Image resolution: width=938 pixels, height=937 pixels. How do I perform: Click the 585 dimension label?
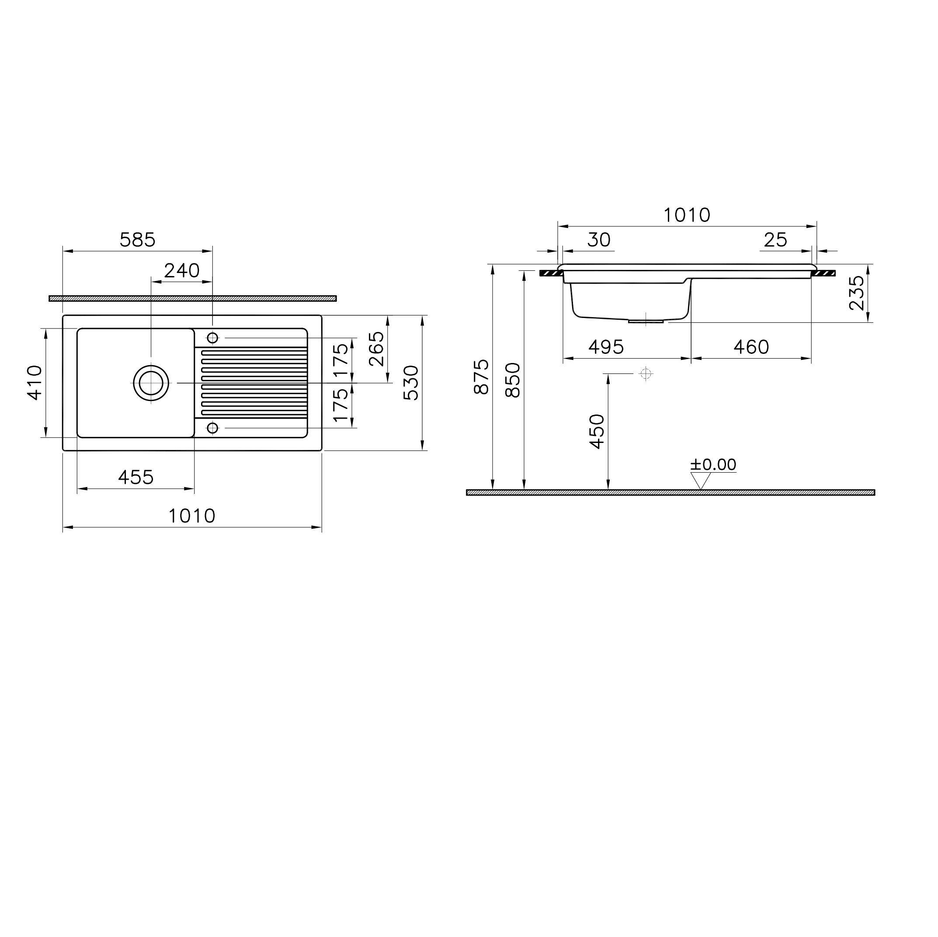point(137,240)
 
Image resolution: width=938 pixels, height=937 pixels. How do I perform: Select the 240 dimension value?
point(181,271)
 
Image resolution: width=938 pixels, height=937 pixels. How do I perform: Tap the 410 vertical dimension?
point(35,383)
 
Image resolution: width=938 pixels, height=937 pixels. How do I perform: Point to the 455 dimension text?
point(136,477)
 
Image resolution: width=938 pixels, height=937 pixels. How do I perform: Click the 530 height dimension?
point(411,383)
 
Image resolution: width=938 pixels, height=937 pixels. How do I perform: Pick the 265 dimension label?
point(376,349)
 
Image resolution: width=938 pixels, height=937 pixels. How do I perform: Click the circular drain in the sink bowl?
point(151,383)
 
